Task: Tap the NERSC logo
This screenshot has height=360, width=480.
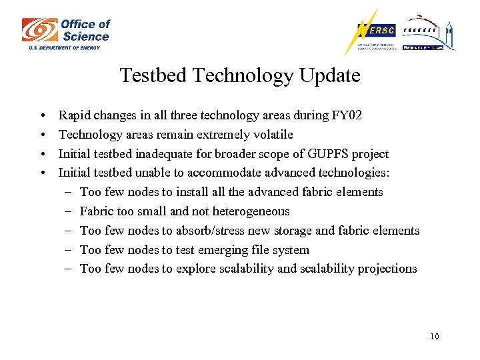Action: click(371, 32)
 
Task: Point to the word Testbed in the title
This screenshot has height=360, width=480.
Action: click(153, 75)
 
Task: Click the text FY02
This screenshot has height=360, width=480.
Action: click(347, 115)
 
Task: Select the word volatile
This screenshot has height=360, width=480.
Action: click(271, 135)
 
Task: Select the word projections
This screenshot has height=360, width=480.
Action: click(387, 269)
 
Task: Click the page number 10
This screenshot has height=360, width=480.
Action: click(435, 336)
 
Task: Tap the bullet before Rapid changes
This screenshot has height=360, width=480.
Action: click(42, 116)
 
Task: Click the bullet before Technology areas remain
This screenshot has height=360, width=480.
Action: click(42, 135)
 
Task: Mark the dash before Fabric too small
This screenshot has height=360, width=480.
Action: click(69, 211)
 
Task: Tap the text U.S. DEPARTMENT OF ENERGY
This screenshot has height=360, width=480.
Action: click(64, 47)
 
